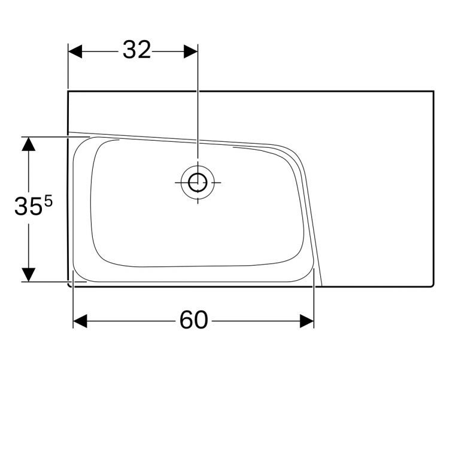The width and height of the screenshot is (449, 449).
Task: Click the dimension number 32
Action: pyautogui.click(x=137, y=50)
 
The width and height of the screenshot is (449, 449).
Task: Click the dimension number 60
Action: pyautogui.click(x=193, y=320)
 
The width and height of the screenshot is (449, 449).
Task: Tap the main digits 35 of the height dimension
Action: pyautogui.click(x=28, y=207)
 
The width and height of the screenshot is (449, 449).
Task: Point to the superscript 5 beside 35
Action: pyautogui.click(x=48, y=201)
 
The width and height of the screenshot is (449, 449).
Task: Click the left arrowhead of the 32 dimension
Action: pyautogui.click(x=75, y=51)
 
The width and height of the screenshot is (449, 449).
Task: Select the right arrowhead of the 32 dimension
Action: pyautogui.click(x=191, y=51)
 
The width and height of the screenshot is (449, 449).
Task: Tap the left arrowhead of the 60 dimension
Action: pyautogui.click(x=80, y=321)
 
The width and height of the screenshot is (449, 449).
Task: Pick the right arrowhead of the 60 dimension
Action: pyautogui.click(x=307, y=321)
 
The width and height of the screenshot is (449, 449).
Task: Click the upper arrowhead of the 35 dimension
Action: pyautogui.click(x=29, y=144)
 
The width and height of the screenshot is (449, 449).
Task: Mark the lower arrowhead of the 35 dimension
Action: pyautogui.click(x=29, y=275)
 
